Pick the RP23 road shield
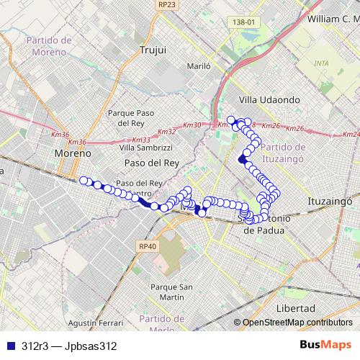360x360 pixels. [x=167, y=4]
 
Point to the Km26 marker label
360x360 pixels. [x=294, y=129]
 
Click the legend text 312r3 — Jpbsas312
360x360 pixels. [x=69, y=346]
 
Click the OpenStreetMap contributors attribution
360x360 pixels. [x=297, y=322]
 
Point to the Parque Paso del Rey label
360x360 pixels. [x=131, y=117]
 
